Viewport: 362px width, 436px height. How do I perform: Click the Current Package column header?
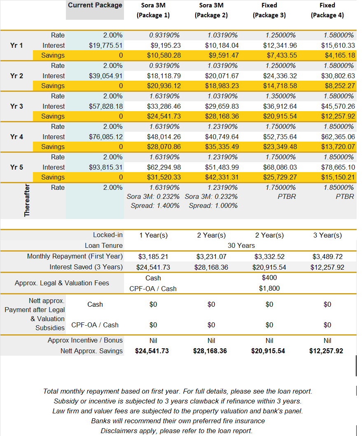(x=95, y=5)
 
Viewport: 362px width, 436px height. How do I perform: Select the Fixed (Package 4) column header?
(x=327, y=10)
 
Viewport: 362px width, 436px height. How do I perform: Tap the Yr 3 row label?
(x=16, y=106)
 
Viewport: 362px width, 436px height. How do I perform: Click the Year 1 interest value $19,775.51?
(x=105, y=45)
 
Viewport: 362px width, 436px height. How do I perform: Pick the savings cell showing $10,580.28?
(x=164, y=56)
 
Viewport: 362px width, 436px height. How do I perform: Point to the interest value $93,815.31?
(x=105, y=167)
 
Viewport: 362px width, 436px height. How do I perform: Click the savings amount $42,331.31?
(x=222, y=177)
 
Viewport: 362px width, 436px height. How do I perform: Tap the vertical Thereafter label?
(x=27, y=201)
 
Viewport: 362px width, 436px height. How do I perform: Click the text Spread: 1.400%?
(x=155, y=205)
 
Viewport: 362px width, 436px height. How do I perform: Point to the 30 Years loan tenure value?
(x=241, y=245)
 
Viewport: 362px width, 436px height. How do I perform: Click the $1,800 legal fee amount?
(x=269, y=289)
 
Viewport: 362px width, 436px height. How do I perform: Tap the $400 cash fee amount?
(x=269, y=278)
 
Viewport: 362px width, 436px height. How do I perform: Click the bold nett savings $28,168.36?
(x=210, y=351)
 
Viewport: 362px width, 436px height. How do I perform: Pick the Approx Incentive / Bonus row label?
(x=85, y=340)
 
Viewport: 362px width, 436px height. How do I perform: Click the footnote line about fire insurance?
(x=178, y=421)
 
